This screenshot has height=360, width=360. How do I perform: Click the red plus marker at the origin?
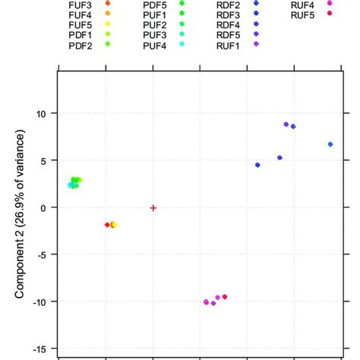[153, 207]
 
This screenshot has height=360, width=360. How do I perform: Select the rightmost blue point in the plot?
[330, 144]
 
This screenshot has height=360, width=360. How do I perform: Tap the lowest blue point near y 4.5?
[257, 165]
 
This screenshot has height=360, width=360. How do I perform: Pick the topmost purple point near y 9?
[286, 125]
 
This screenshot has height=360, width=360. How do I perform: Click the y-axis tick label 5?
[44, 160]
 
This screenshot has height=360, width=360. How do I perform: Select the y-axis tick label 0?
[44, 207]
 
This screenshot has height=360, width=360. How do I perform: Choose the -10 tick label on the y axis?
[39, 302]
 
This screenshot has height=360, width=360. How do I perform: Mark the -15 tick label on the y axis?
[39, 349]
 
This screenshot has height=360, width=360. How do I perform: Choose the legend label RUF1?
[229, 45]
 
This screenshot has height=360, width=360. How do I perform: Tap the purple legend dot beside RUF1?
[257, 45]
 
